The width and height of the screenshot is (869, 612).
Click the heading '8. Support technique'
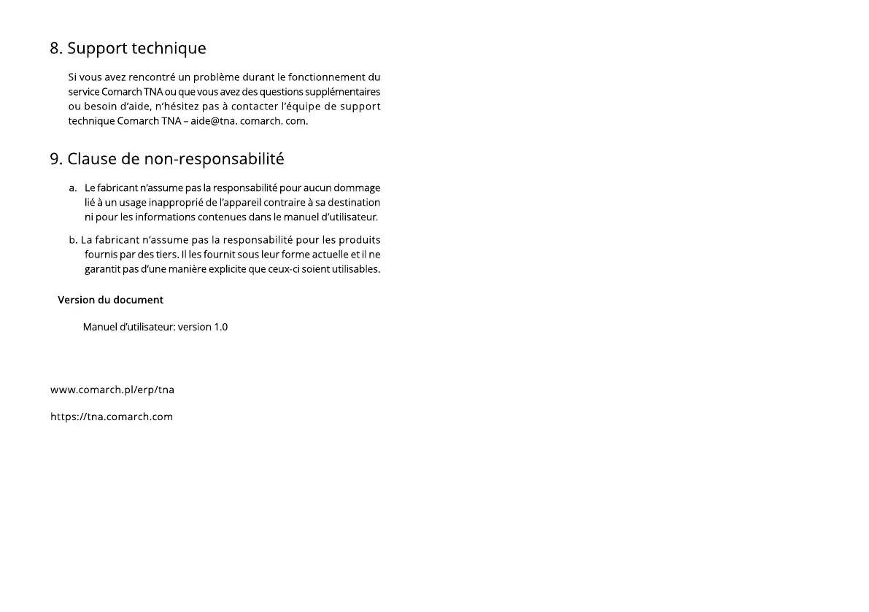pos(128,49)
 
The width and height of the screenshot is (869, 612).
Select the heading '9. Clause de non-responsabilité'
pos(167,159)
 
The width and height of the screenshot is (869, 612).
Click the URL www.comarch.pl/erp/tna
pos(112,390)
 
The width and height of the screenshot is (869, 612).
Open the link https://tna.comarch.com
pos(112,417)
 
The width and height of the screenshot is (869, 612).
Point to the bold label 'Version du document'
pos(110,300)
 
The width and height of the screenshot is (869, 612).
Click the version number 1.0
pos(220,327)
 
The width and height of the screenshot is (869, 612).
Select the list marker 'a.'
pos(73,188)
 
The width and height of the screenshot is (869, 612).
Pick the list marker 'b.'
pos(73,240)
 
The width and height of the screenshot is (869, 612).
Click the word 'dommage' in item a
pos(357,188)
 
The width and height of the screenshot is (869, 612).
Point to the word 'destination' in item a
pos(353,203)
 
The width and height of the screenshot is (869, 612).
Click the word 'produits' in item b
pos(360,240)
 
